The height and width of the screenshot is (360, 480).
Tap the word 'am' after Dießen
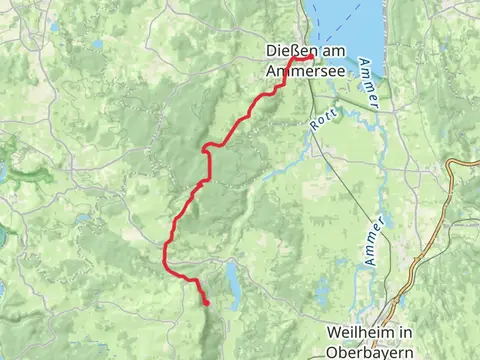pyautogui.click(x=327, y=50)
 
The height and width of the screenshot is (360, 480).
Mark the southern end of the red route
pyautogui.click(x=207, y=303)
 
